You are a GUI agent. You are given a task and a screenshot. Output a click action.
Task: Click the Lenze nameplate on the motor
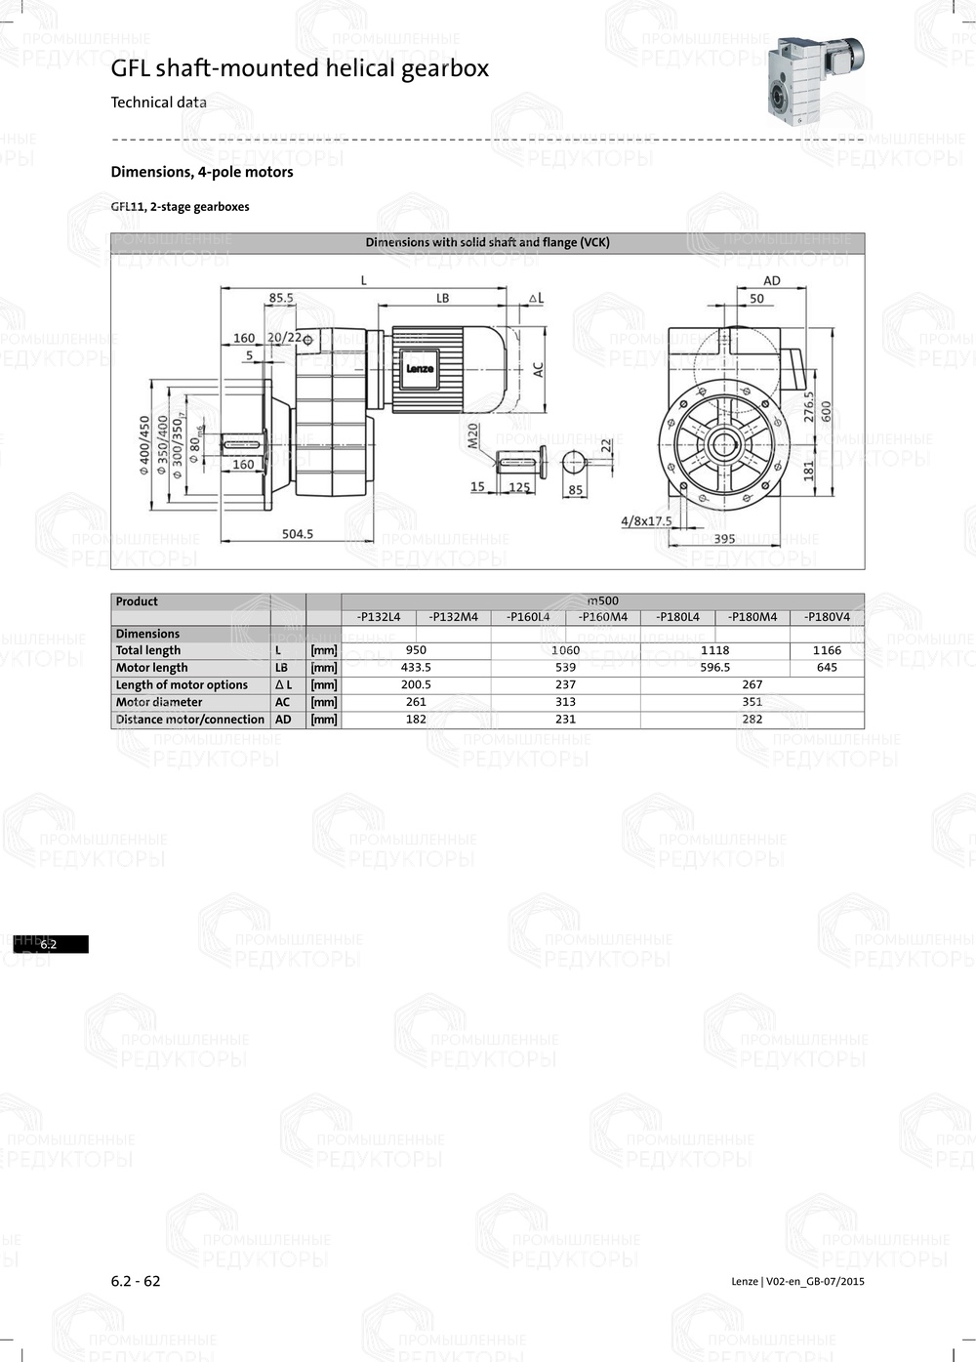pyautogui.click(x=420, y=368)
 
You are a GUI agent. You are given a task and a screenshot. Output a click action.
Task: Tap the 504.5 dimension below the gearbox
pyautogui.click(x=297, y=534)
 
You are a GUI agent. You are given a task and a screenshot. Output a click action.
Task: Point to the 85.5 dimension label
pyautogui.click(x=281, y=298)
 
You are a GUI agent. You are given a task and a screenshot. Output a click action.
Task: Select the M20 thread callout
pyautogui.click(x=473, y=434)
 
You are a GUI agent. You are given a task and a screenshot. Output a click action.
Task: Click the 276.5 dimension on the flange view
pyautogui.click(x=808, y=406)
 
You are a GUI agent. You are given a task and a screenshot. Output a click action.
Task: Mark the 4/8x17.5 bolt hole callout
pyautogui.click(x=646, y=520)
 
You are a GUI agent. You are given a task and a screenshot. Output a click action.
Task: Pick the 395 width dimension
pyautogui.click(x=724, y=539)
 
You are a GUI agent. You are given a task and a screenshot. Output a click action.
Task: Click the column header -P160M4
pyautogui.click(x=602, y=617)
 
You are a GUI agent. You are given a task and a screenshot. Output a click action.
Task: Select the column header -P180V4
pyautogui.click(x=827, y=617)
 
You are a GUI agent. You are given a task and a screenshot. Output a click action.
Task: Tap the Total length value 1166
pyautogui.click(x=827, y=650)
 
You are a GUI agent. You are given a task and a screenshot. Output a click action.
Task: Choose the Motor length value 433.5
pyautogui.click(x=416, y=668)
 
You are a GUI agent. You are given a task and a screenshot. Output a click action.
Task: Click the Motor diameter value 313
pyautogui.click(x=565, y=702)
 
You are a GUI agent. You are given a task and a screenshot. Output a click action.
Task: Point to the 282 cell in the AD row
pyautogui.click(x=752, y=720)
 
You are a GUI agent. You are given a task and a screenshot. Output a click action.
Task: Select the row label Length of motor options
pyautogui.click(x=182, y=685)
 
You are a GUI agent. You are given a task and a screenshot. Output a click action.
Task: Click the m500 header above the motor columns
pyautogui.click(x=602, y=600)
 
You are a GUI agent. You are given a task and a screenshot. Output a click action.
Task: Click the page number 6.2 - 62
pyautogui.click(x=136, y=1281)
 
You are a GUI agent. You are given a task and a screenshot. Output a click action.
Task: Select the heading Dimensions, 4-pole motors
pyautogui.click(x=202, y=172)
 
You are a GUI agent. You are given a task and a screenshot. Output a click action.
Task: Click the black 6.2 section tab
pyautogui.click(x=51, y=944)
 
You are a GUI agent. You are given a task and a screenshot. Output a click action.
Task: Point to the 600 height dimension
pyautogui.click(x=827, y=412)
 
